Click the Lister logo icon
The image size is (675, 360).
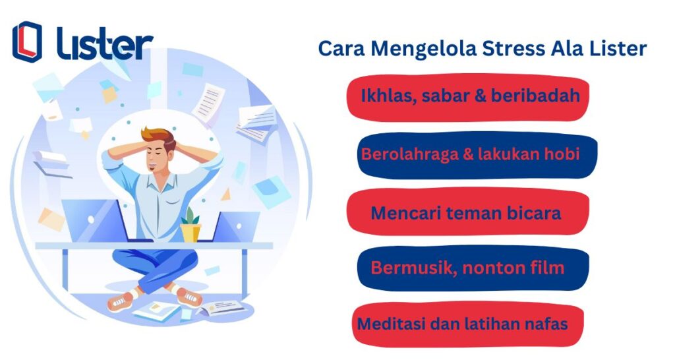(27, 41)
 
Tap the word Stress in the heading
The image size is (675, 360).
(515, 49)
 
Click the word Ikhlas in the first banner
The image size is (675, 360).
(382, 96)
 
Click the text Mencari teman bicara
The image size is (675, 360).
(465, 213)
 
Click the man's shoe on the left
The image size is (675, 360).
(121, 301)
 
